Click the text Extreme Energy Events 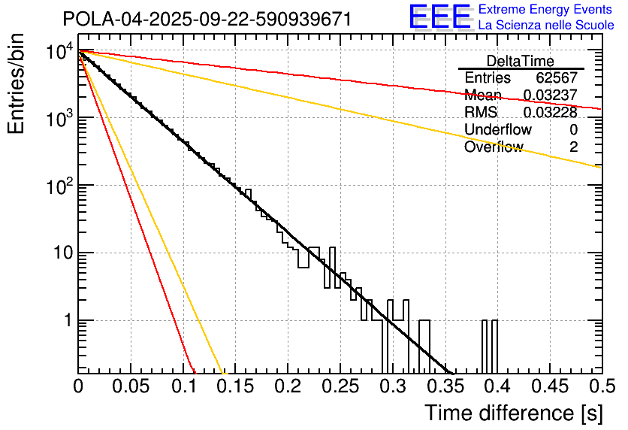pyautogui.click(x=545, y=10)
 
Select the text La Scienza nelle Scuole pyautogui.click(x=546, y=25)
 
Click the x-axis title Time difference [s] pyautogui.click(x=513, y=413)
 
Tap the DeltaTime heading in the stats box pyautogui.click(x=521, y=61)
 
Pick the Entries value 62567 pyautogui.click(x=556, y=78)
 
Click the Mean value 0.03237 pyautogui.click(x=550, y=95)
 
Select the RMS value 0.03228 pyautogui.click(x=550, y=113)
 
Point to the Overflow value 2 pyautogui.click(x=573, y=147)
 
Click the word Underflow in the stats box pyautogui.click(x=497, y=130)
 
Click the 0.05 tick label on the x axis pyautogui.click(x=130, y=387)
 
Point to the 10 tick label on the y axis pyautogui.click(x=59, y=253)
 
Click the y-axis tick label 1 pyautogui.click(x=65, y=320)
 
